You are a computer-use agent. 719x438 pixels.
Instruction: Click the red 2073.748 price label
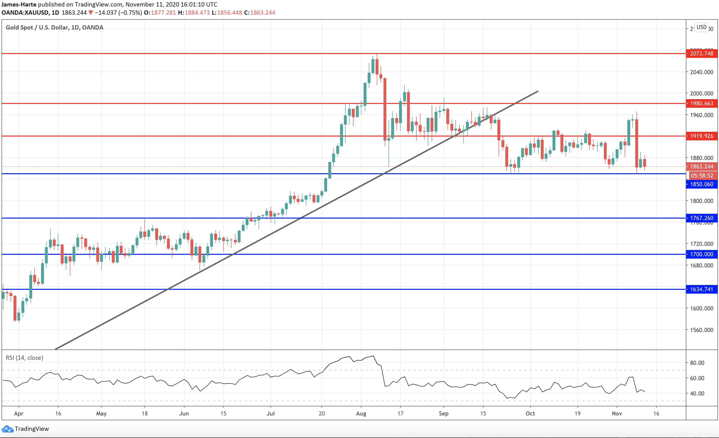pos(702,53)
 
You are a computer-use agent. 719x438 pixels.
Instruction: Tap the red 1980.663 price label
pos(702,103)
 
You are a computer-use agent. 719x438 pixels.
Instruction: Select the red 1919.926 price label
pos(702,136)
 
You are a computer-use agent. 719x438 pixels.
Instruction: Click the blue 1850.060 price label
pos(702,184)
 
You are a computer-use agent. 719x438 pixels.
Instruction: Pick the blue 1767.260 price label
pos(702,218)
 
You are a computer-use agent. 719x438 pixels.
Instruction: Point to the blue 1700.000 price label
pos(702,254)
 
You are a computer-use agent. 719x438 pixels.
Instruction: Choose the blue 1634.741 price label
pos(702,289)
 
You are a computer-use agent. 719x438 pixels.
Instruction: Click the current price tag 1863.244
pos(702,166)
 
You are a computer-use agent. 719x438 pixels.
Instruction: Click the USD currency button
pos(702,27)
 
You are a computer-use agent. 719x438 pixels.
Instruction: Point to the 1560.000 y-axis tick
pos(702,330)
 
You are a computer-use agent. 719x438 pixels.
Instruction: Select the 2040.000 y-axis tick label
pos(702,72)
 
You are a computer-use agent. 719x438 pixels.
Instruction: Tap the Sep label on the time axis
pos(443,413)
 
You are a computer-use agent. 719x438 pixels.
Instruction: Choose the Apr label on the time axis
pos(19,413)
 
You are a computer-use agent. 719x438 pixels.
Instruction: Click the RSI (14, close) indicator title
pos(25,358)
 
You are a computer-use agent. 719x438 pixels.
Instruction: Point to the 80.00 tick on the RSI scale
pos(697,363)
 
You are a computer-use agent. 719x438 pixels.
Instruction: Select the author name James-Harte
pos(19,4)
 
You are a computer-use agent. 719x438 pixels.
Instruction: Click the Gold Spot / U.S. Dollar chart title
pos(55,27)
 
